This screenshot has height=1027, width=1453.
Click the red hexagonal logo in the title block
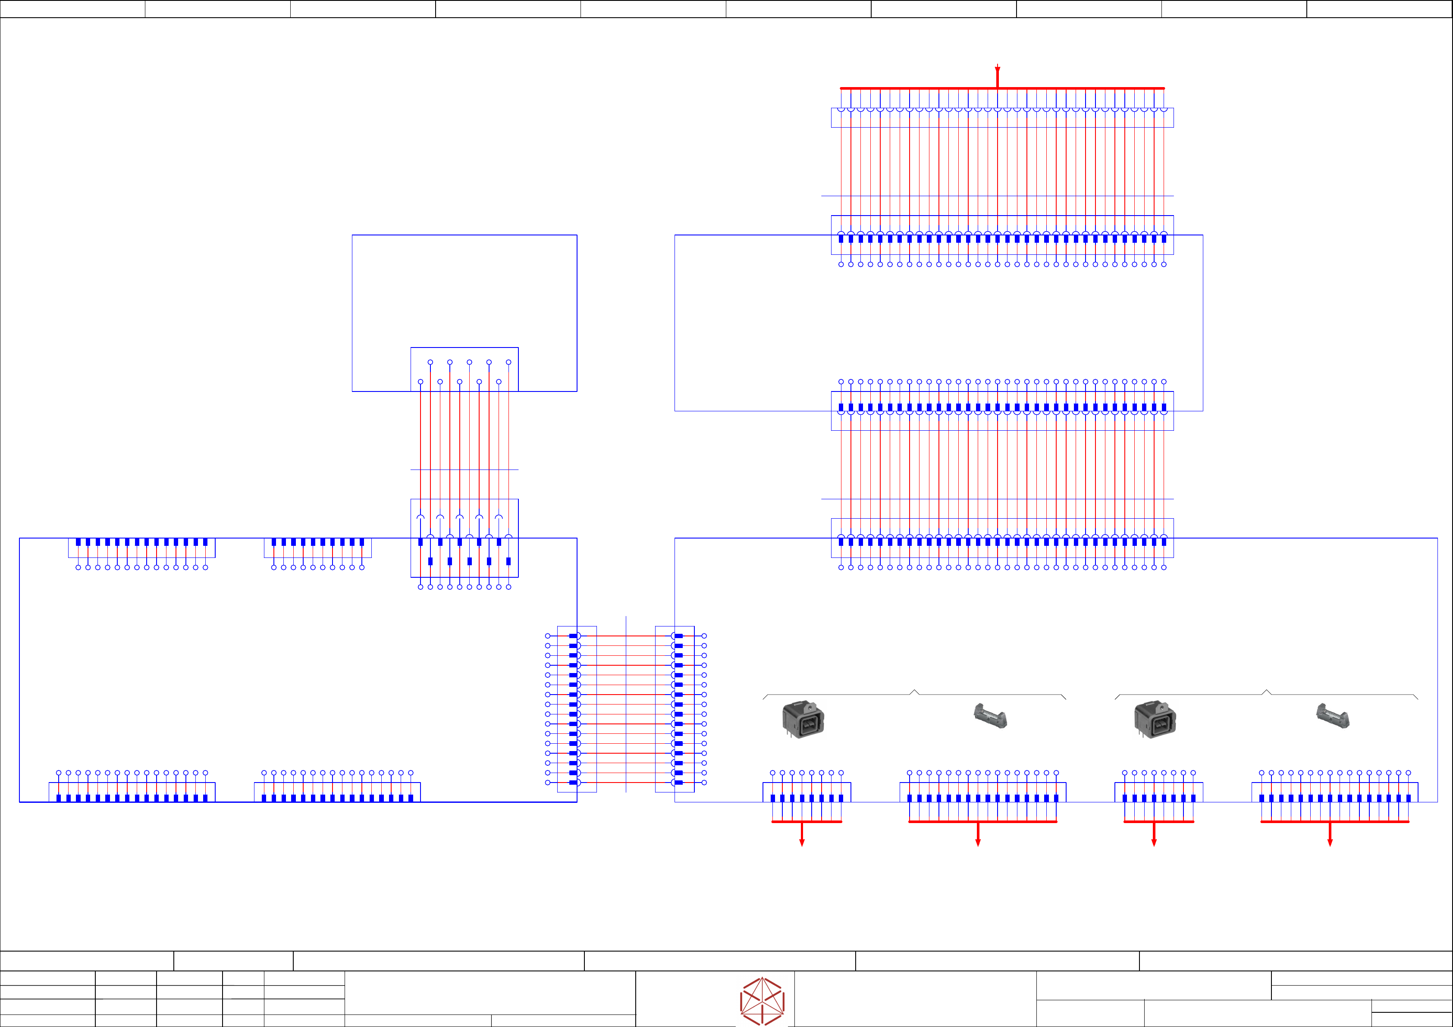tap(762, 1001)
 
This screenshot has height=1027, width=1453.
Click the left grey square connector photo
tap(803, 719)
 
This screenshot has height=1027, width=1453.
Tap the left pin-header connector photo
tap(990, 716)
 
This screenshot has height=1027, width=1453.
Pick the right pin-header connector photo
tap(1333, 716)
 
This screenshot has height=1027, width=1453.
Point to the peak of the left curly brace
tap(914, 691)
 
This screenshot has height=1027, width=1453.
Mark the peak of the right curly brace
tap(1266, 691)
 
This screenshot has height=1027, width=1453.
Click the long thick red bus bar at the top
tap(918, 88)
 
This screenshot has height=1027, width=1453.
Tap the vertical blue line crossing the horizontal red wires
tap(626, 702)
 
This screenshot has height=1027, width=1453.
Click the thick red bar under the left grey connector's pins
tap(807, 821)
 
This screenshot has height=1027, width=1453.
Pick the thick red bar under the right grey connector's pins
tap(1159, 821)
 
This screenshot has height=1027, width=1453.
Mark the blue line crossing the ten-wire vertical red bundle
tap(464, 470)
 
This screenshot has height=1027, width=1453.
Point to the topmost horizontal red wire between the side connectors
tap(626, 636)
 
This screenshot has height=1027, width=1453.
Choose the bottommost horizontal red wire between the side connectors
tap(626, 783)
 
